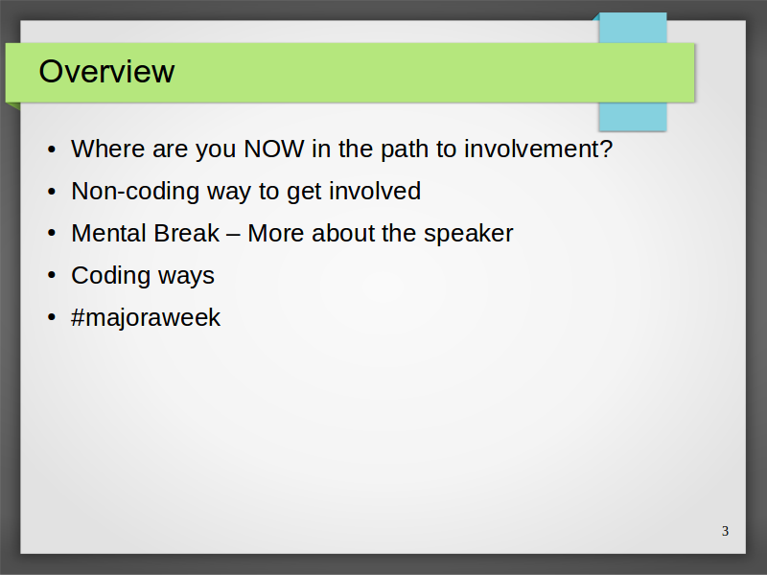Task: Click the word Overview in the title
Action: click(x=106, y=71)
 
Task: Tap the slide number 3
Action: click(x=725, y=531)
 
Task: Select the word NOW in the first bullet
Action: click(x=274, y=149)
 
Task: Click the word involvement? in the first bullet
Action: click(x=538, y=149)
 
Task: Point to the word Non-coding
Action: click(x=135, y=191)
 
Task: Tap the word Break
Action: click(x=182, y=233)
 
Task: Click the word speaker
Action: click(x=468, y=234)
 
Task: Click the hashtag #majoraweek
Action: click(x=146, y=318)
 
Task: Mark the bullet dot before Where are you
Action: click(x=52, y=149)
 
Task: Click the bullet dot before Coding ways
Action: click(x=52, y=275)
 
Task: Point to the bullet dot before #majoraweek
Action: click(x=52, y=317)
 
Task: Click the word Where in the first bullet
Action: click(x=107, y=149)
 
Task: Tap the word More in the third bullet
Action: click(x=276, y=233)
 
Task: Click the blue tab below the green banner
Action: click(x=633, y=117)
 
